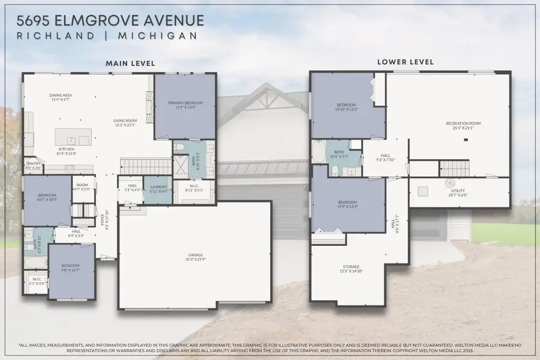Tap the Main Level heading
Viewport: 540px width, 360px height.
(x=130, y=63)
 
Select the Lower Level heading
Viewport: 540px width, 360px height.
(x=405, y=62)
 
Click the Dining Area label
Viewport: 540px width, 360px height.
(x=61, y=97)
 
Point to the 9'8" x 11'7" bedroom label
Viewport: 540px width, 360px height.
(x=71, y=269)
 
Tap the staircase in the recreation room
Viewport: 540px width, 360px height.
(x=455, y=169)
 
